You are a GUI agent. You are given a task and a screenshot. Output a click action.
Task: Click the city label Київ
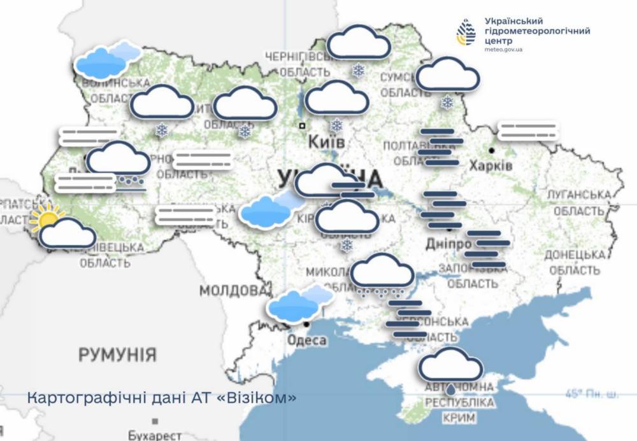tap(326, 141)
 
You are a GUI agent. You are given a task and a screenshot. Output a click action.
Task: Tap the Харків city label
tap(490, 165)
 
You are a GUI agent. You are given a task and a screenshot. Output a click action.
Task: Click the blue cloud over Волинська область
tap(106, 60)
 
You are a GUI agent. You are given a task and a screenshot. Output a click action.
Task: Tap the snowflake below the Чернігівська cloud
tap(359, 70)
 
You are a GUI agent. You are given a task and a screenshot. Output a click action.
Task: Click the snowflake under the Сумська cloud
tap(447, 102)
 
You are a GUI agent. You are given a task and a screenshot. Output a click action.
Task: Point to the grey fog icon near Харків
tap(527, 131)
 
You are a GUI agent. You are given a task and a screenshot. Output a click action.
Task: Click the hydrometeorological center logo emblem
tap(466, 32)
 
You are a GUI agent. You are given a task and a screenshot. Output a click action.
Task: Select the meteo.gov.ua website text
tap(503, 49)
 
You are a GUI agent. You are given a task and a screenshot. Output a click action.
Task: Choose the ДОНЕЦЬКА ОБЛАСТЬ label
tap(574, 262)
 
